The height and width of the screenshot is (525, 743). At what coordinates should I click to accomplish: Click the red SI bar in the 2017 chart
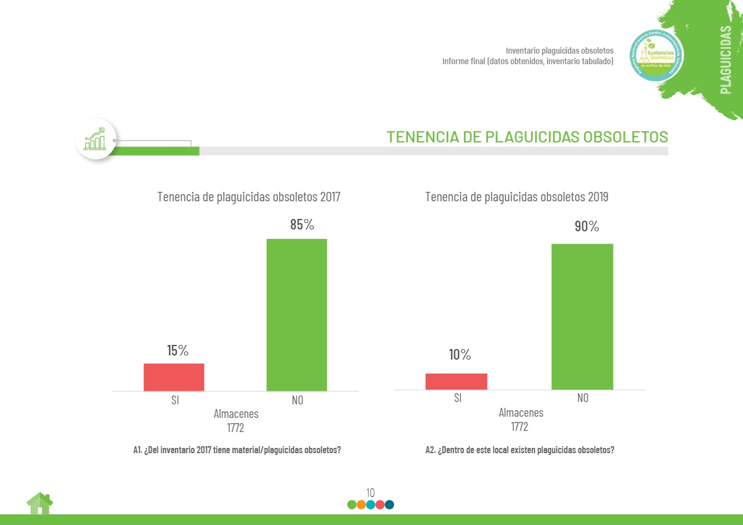174,377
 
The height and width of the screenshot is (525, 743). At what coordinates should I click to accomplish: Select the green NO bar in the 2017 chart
297,314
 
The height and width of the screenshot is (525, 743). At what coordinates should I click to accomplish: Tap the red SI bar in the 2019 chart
456,381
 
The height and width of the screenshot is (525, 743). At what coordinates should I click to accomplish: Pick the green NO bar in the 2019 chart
582,316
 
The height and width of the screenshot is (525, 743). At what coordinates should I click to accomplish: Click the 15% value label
177,351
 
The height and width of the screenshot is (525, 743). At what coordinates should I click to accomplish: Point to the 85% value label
302,225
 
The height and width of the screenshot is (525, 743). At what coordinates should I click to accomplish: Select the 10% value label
460,355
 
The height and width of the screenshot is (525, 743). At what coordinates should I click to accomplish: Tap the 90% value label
586,227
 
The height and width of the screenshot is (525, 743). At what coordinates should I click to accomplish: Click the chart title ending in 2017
248,197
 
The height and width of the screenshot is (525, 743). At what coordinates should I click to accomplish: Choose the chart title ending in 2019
517,197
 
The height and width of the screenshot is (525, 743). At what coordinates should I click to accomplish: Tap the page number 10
370,493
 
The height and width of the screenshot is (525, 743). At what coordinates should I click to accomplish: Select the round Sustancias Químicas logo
656,55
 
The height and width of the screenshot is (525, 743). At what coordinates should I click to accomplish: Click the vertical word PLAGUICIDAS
726,59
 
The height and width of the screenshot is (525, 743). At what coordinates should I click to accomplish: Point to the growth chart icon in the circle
95,139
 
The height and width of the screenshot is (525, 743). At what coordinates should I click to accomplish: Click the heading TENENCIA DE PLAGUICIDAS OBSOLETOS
527,137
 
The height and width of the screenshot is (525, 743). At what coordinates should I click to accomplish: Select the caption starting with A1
237,450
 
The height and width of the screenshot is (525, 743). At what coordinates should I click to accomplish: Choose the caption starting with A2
520,450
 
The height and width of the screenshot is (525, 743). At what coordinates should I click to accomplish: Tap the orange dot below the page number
361,504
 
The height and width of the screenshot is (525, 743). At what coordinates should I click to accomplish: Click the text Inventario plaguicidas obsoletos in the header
559,51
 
